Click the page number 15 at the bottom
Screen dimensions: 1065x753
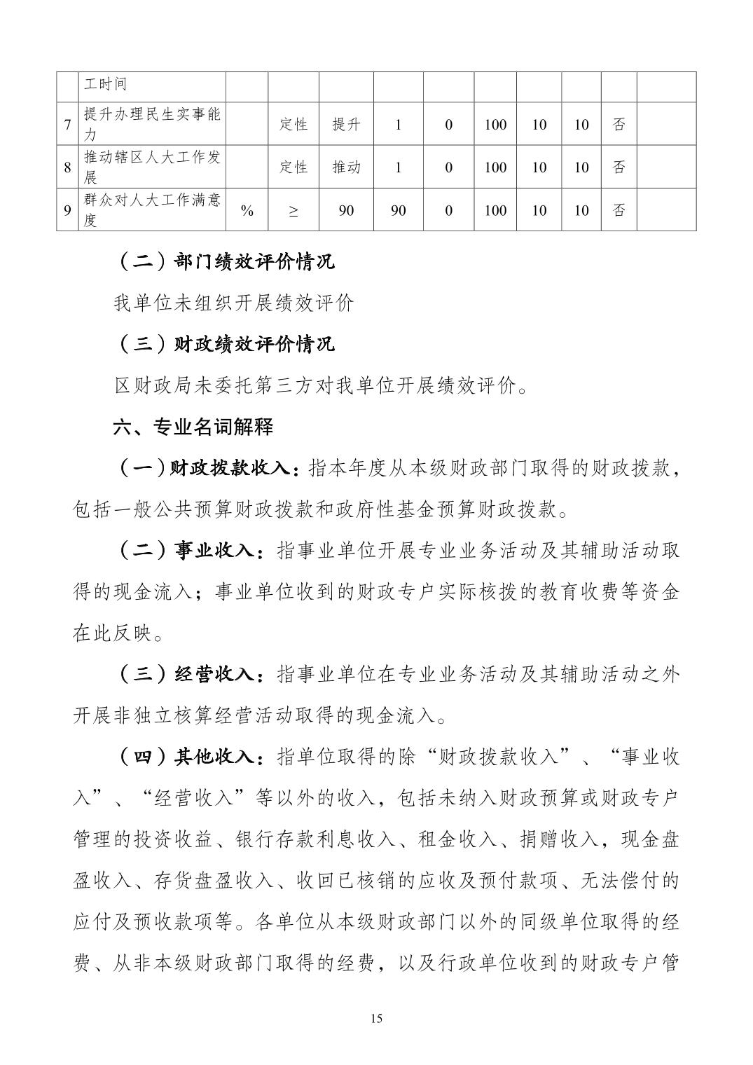(x=376, y=1018)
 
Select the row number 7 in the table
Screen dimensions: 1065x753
(x=67, y=125)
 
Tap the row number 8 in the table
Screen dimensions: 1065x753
(x=67, y=167)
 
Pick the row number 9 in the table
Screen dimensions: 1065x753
(x=67, y=210)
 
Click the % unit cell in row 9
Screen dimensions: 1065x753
(x=247, y=210)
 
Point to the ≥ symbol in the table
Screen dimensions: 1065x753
(x=293, y=210)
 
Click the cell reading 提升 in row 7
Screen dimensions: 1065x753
(x=346, y=125)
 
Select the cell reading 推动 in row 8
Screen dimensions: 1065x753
(x=346, y=167)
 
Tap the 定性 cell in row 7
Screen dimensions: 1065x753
(x=293, y=125)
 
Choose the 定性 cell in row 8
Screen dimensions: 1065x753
(x=293, y=167)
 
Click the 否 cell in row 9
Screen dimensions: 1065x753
(x=619, y=210)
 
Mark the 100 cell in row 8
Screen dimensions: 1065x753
(x=495, y=167)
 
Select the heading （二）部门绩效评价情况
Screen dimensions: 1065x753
(x=224, y=262)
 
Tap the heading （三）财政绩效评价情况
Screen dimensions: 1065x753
(x=224, y=344)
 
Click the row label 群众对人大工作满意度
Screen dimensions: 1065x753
(x=151, y=210)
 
